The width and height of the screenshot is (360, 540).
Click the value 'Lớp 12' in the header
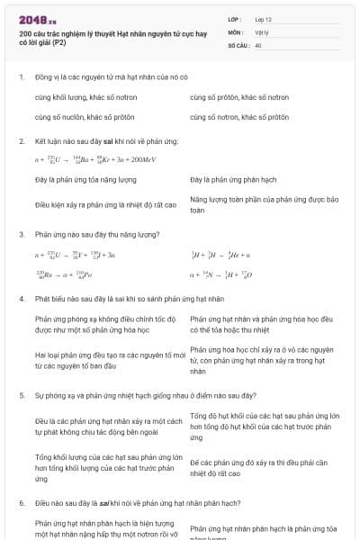point(264,18)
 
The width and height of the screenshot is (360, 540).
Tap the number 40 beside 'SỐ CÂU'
point(258,43)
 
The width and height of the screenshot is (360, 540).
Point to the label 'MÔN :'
point(236,31)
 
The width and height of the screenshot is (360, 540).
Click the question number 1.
point(21,77)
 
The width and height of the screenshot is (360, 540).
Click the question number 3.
point(21,234)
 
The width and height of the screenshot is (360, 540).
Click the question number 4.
point(21,298)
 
